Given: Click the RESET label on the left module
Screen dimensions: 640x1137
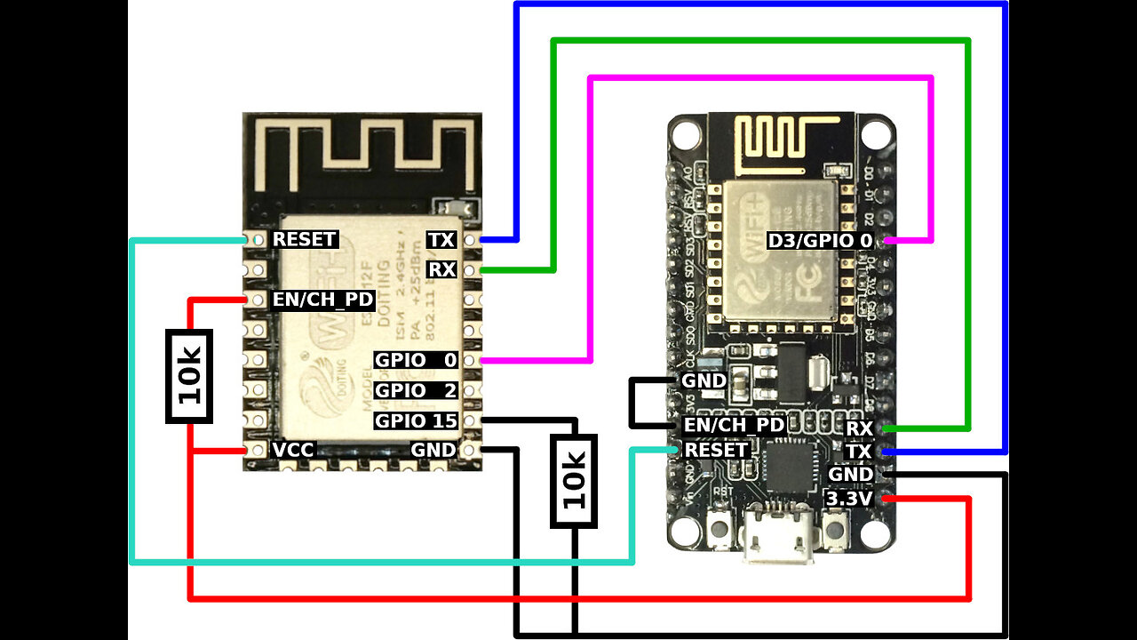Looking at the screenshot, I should [304, 240].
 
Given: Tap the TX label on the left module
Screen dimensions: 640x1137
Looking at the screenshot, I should [441, 240].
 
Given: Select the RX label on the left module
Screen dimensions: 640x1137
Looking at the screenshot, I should [441, 269].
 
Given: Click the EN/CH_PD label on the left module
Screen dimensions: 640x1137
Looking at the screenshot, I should [322, 300].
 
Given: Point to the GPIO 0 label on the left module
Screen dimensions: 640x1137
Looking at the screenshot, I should [416, 360].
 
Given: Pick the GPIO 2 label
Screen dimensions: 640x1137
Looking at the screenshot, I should [416, 390].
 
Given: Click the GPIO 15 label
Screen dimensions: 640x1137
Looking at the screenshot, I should [416, 420].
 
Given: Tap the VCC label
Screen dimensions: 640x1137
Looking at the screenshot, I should [293, 451].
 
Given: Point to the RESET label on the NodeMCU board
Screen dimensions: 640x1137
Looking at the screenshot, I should [715, 451].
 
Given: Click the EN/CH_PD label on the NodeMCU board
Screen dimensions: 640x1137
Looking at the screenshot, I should [734, 426].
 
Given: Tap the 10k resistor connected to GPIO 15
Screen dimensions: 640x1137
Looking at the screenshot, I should [573, 481].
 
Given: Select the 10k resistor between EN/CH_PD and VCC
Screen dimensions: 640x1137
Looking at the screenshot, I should [189, 375].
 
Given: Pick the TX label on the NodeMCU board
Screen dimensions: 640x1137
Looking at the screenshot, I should [859, 452].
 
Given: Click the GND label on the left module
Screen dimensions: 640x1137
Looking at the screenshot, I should [433, 451].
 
